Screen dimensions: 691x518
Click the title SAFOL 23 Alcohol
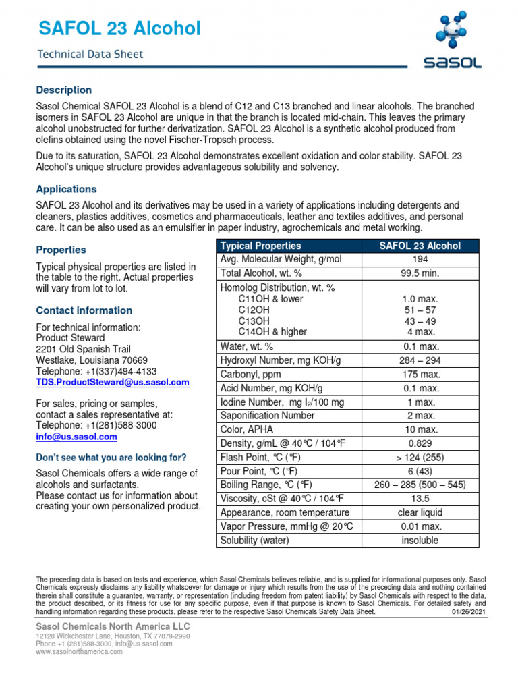pyautogui.click(x=119, y=29)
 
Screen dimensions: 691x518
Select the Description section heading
pyautogui.click(x=63, y=90)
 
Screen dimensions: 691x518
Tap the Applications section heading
pyautogui.click(x=66, y=189)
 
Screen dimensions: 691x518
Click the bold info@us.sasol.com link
pyautogui.click(x=76, y=437)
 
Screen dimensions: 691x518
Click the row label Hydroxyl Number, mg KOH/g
pyautogui.click(x=281, y=360)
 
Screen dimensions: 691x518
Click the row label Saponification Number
pyautogui.click(x=267, y=416)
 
